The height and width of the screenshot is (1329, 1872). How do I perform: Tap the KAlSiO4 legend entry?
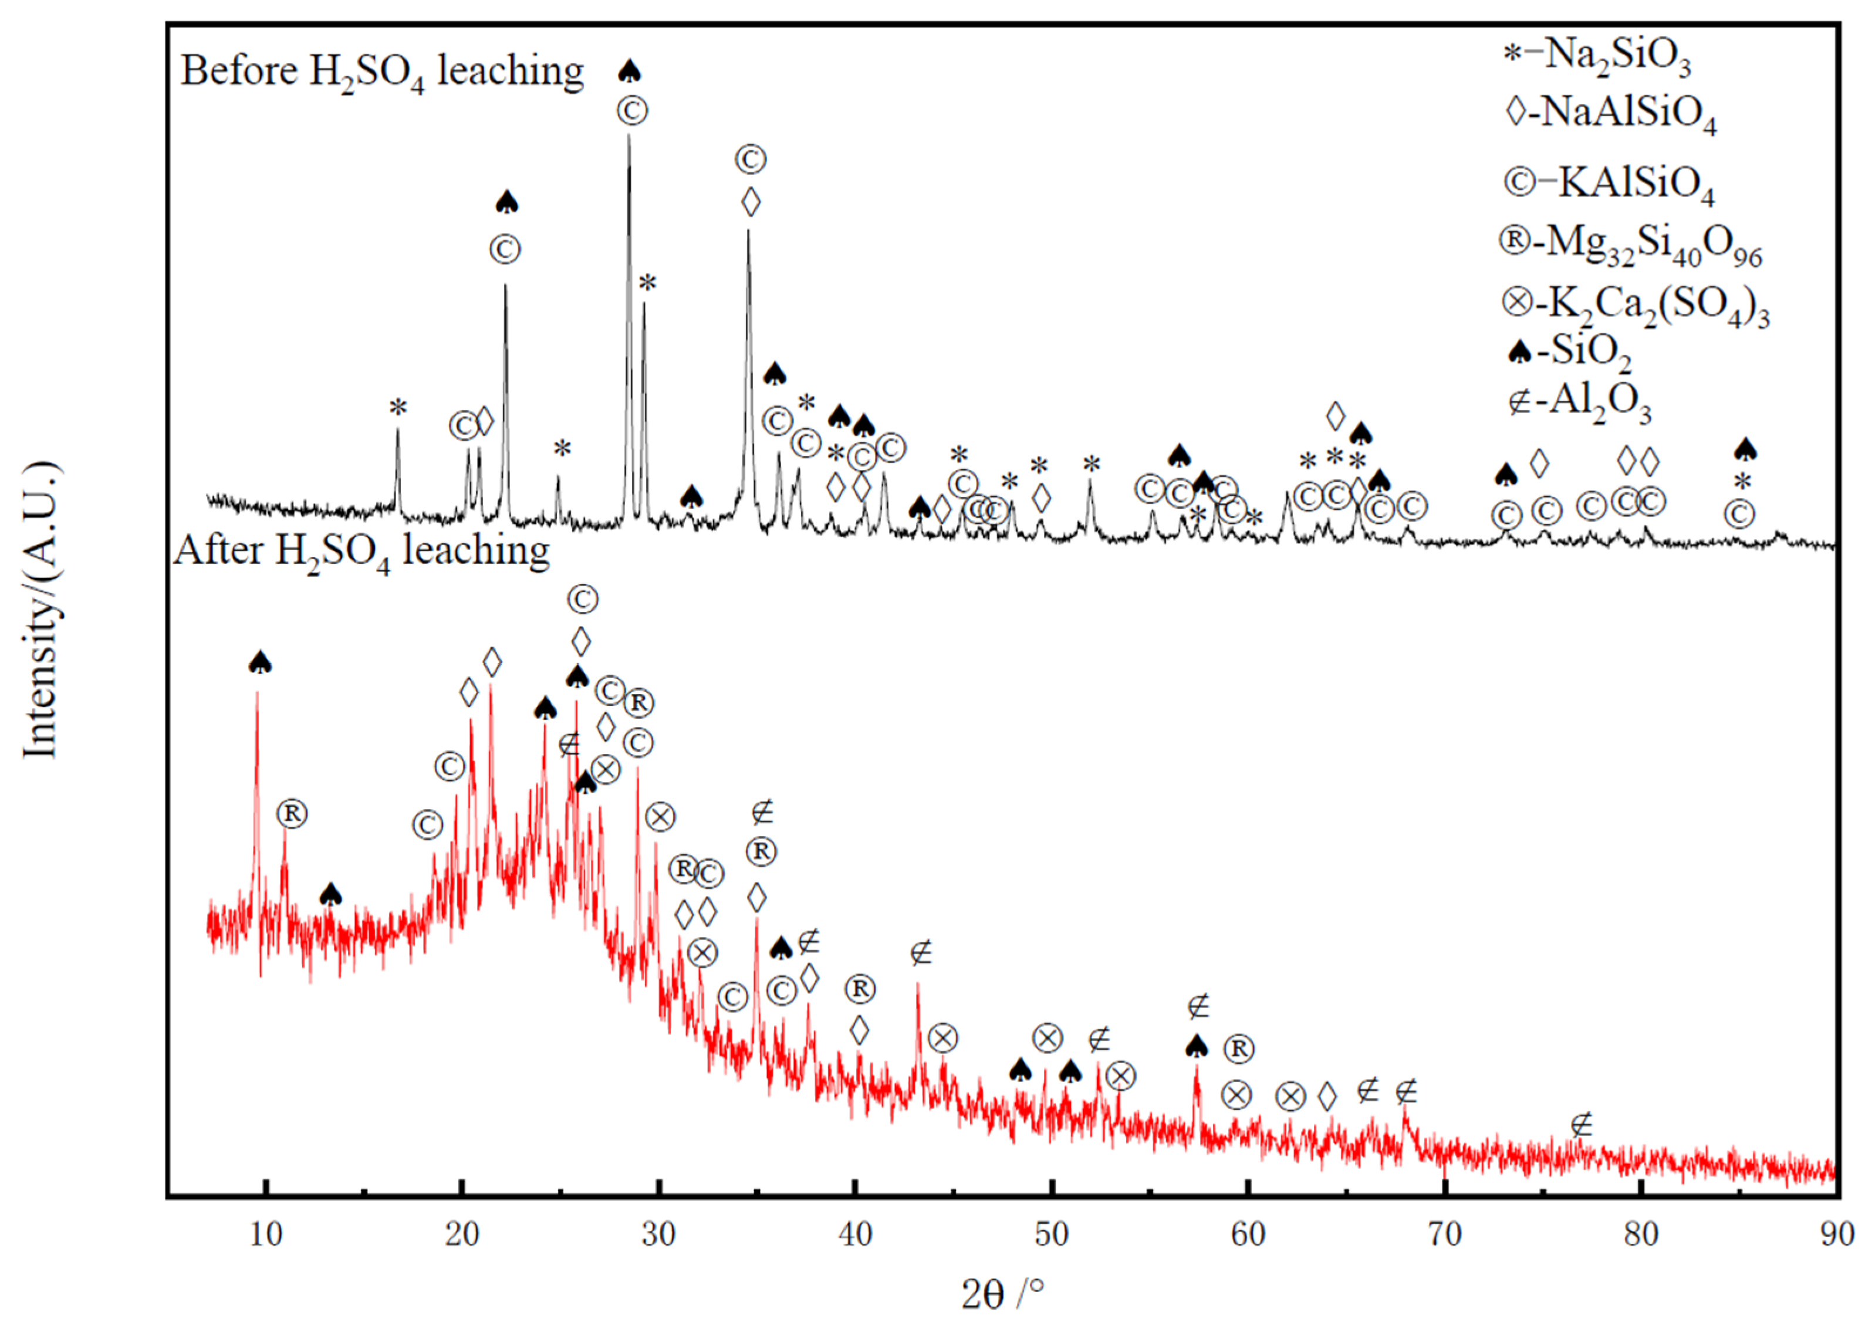1609,183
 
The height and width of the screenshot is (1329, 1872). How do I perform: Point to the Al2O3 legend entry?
1580,403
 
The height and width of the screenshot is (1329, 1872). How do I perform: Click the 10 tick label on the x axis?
265,1233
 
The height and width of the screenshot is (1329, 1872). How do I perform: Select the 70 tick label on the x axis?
1445,1233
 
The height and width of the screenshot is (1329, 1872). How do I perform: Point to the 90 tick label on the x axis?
1837,1233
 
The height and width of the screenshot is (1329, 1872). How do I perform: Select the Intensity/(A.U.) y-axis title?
41,610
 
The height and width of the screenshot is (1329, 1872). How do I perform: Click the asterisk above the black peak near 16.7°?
398,408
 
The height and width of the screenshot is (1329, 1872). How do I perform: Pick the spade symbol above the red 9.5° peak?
259,663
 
